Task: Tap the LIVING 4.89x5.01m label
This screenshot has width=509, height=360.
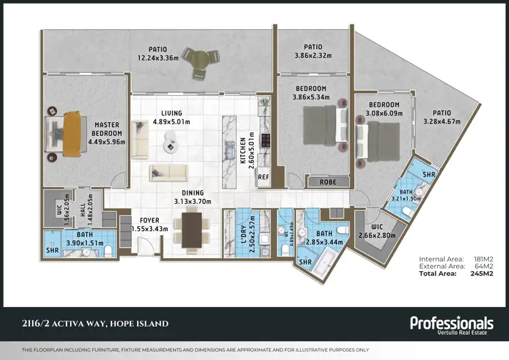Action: [171, 118]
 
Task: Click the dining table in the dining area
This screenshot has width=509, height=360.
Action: [193, 230]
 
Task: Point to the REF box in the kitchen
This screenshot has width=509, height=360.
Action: [263, 177]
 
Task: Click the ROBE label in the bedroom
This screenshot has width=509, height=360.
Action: [328, 181]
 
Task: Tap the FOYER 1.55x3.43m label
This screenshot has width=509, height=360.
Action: [149, 225]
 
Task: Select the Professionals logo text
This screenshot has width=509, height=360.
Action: [451, 323]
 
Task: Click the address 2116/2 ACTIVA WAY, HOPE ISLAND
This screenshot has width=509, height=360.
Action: [95, 323]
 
